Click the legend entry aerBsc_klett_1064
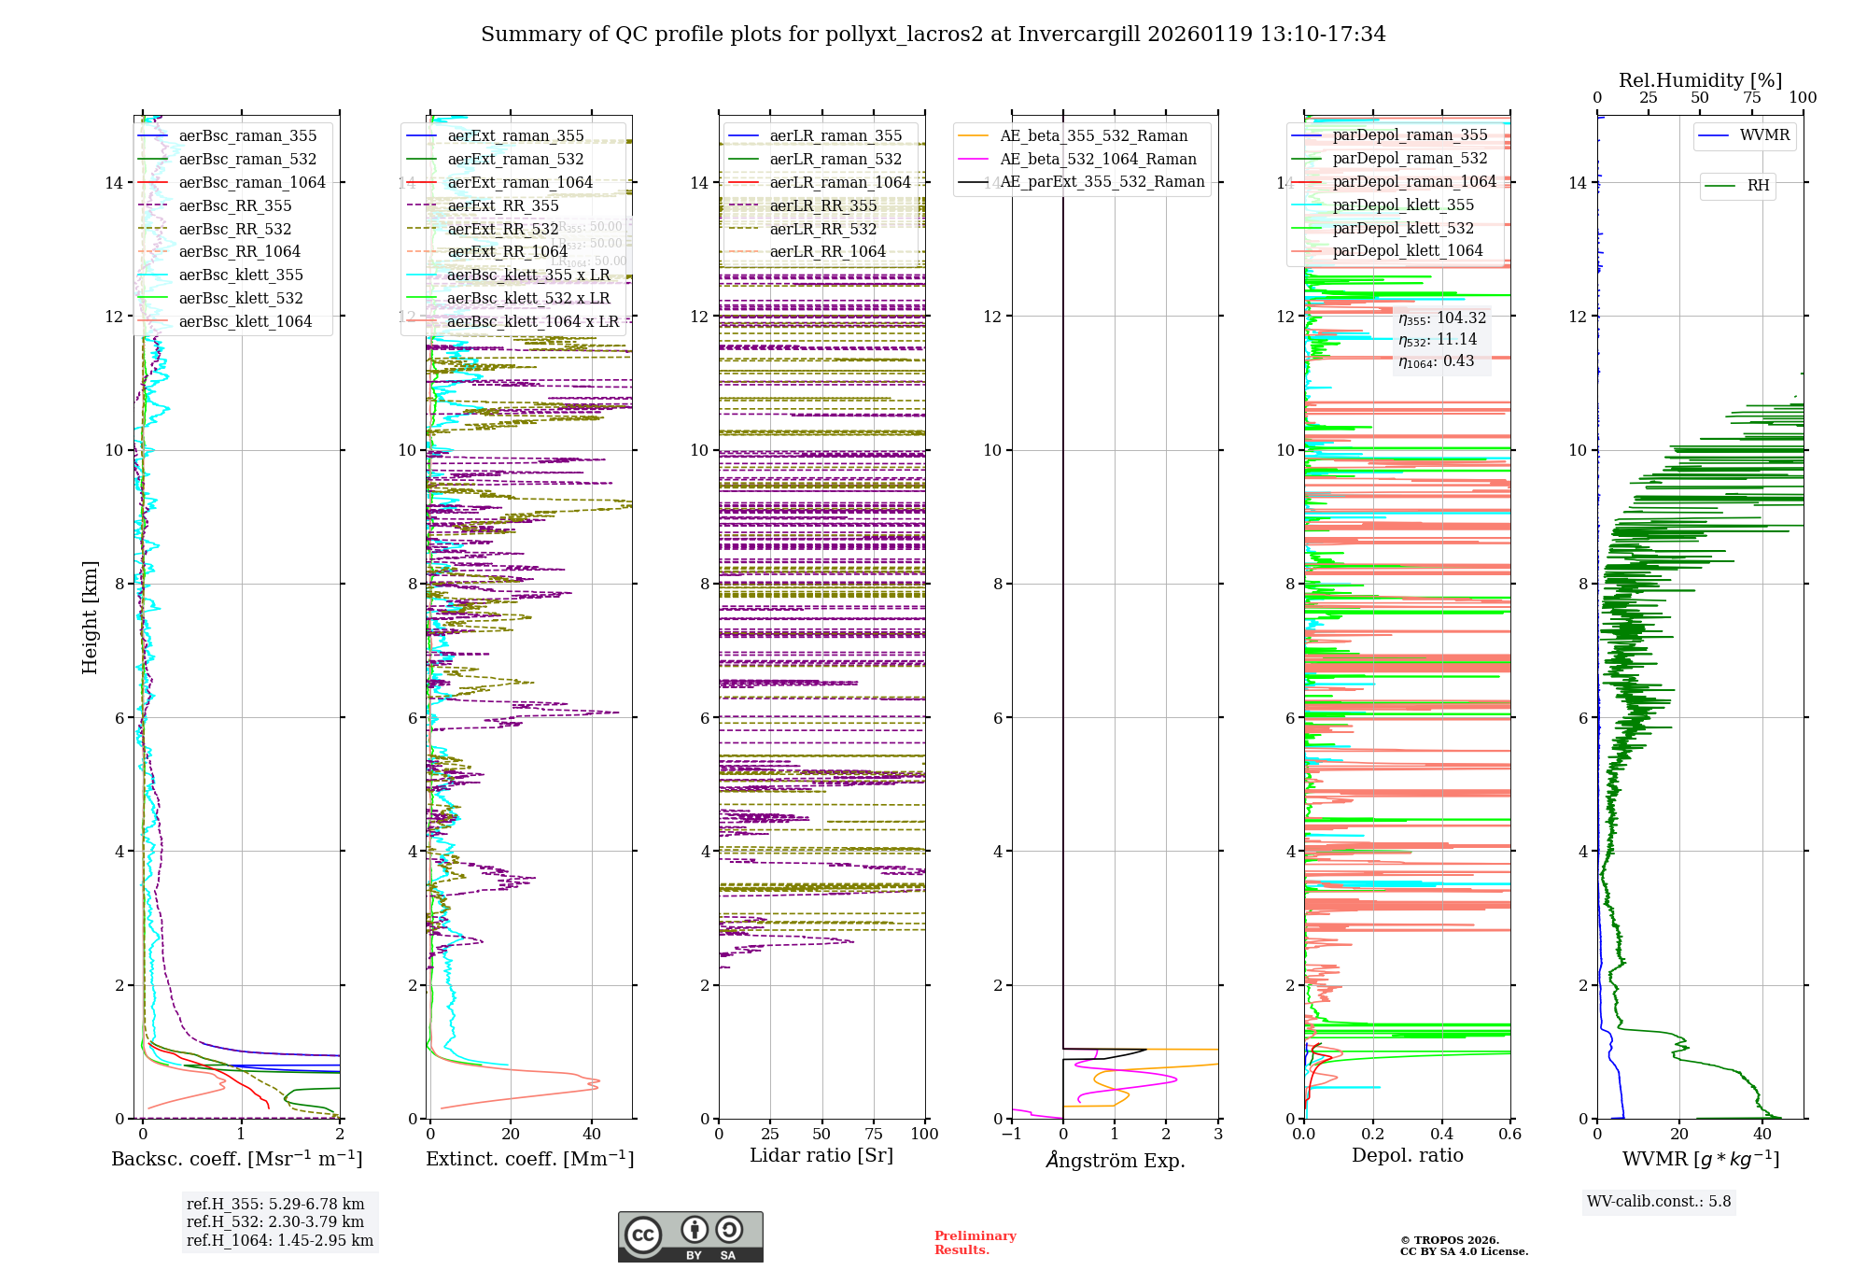click(x=246, y=321)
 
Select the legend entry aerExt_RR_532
click(x=503, y=229)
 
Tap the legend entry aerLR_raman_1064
click(x=840, y=182)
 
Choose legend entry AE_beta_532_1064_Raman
click(x=1098, y=159)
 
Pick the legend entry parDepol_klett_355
click(x=1403, y=205)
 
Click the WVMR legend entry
click(x=1764, y=135)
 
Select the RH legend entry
click(x=1758, y=186)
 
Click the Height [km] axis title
click(x=90, y=617)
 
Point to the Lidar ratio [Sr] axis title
click(x=821, y=1155)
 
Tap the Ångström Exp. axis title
click(x=1116, y=1160)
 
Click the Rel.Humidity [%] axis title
click(x=1700, y=80)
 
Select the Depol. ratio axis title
click(x=1408, y=1155)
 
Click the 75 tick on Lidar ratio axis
click(x=874, y=1134)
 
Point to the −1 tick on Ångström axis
click(x=1011, y=1134)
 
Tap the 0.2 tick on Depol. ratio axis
click(x=1373, y=1134)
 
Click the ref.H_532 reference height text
click(x=275, y=1221)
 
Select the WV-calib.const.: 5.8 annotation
click(x=1659, y=1201)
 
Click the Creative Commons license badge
click(x=691, y=1236)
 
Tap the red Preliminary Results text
click(x=975, y=1242)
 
